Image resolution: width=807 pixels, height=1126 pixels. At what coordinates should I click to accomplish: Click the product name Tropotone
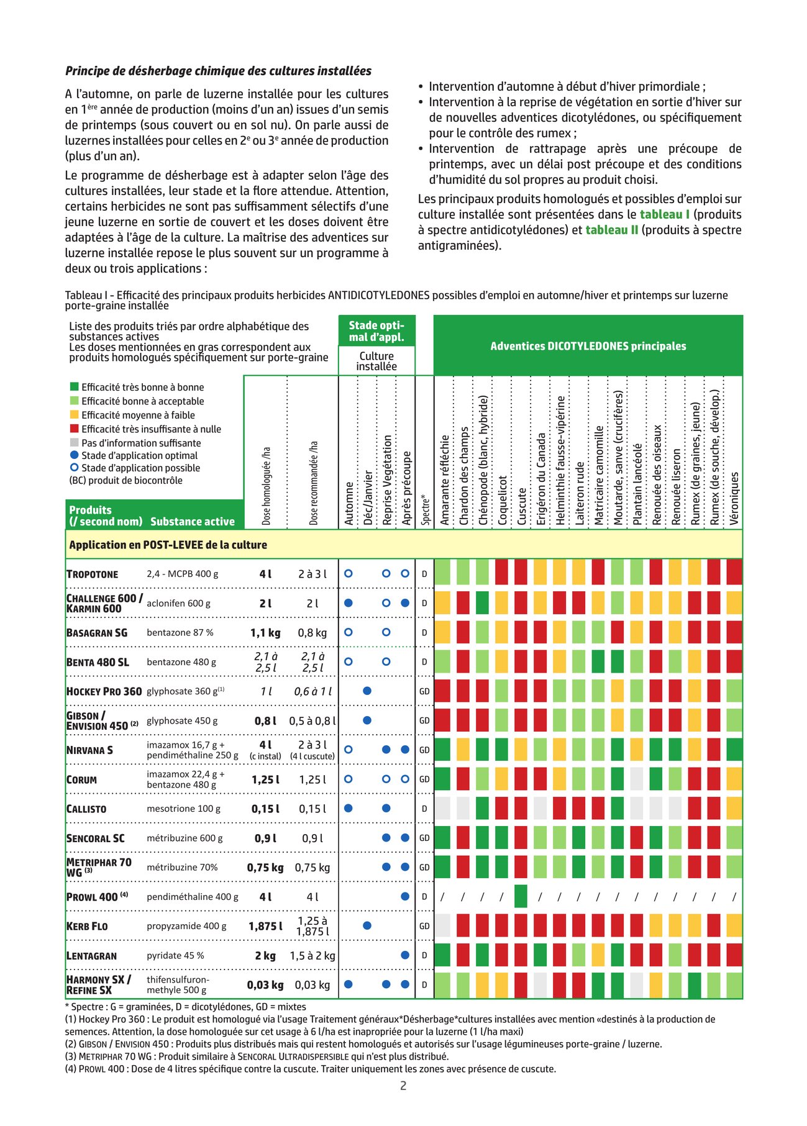(92, 574)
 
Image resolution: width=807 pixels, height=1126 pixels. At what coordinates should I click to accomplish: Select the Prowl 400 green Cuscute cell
(521, 896)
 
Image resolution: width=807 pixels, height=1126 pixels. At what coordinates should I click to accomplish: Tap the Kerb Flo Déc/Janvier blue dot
(367, 925)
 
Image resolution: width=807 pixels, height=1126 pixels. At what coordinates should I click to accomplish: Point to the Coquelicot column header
(503, 500)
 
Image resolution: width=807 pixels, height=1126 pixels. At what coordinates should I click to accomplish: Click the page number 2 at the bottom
(403, 1086)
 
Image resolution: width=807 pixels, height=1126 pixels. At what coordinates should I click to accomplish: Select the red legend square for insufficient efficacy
(75, 429)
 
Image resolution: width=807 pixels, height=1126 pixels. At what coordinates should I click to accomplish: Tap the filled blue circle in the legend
(75, 455)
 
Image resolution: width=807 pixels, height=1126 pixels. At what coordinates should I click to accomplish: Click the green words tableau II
(612, 230)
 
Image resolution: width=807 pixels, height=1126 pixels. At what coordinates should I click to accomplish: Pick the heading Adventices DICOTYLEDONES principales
(588, 346)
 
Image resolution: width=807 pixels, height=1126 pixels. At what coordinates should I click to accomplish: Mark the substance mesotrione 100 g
(183, 809)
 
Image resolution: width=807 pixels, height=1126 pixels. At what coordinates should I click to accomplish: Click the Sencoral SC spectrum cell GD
(424, 838)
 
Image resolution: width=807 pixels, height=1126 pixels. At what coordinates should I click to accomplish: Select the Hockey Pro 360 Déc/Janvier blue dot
(367, 691)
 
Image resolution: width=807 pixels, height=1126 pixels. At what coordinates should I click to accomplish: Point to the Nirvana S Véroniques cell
(734, 750)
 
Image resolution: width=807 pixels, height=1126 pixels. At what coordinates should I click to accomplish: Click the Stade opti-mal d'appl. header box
(376, 331)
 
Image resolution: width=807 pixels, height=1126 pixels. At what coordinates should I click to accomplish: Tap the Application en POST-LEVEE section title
(168, 545)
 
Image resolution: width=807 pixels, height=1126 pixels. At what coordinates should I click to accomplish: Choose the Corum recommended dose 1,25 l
(312, 779)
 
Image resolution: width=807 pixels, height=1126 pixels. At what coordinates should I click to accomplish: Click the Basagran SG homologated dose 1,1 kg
(265, 632)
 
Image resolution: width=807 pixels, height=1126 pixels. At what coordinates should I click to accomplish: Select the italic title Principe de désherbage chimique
(218, 71)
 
